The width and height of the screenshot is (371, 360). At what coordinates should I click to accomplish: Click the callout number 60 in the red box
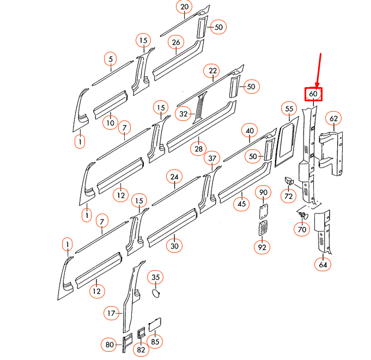point(313,94)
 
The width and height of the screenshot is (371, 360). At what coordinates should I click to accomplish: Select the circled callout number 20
point(184,7)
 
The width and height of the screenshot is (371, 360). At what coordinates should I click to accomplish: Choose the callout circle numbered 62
point(333,118)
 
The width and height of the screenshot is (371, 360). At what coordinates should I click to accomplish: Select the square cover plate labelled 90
point(263,209)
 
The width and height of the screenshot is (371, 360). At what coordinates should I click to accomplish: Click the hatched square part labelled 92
point(263,228)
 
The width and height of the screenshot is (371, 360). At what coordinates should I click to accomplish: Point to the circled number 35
point(156,277)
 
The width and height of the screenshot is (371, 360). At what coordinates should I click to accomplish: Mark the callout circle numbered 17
point(111,313)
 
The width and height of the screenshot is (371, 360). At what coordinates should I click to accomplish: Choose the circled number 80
point(109,344)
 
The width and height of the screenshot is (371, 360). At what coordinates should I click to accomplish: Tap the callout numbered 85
point(156,342)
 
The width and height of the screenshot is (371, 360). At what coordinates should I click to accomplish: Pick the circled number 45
point(241,204)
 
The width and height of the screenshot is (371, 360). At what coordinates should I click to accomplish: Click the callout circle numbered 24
point(174,177)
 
